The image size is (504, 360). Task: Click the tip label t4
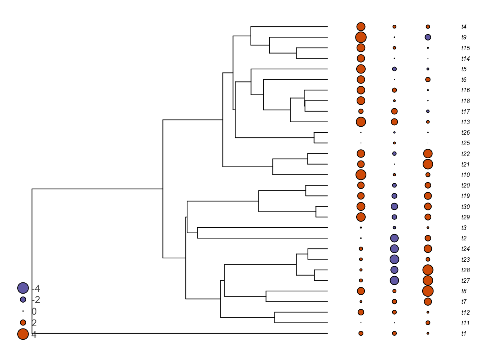coord(464,27)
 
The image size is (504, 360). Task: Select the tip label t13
coord(465,122)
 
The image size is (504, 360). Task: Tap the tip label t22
coord(465,154)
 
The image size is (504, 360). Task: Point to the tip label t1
coord(464,334)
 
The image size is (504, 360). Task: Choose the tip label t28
coord(465,270)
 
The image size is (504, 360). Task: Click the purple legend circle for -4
coord(23,288)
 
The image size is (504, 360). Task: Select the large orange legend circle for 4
coord(23,334)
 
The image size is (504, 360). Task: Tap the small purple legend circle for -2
coord(23,300)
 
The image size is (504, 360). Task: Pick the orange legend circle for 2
coord(23,322)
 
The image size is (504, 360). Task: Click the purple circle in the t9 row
coord(428,37)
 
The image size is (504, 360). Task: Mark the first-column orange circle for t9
coord(361,37)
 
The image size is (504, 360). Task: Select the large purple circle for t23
coord(394,259)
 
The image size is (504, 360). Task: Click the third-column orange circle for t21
coord(428,164)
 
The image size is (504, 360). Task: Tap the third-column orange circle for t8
coord(428,291)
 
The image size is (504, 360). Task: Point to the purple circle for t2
coord(394,238)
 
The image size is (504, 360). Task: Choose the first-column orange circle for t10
coord(361,175)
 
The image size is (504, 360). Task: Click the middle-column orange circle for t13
coord(394,122)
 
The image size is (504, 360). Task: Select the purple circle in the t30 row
coord(394,207)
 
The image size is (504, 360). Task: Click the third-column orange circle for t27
coord(428,280)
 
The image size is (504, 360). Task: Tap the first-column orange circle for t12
coord(361,312)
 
